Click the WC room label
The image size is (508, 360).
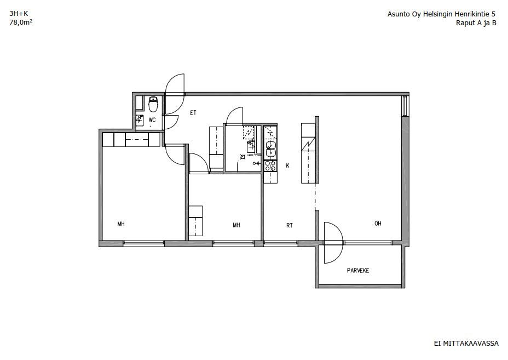(x=152, y=119)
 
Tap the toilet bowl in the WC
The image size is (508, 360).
(x=153, y=104)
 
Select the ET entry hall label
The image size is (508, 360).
(x=193, y=113)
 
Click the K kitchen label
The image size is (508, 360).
(x=287, y=165)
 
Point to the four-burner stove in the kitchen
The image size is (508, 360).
(x=270, y=166)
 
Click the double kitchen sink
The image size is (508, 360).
(x=270, y=149)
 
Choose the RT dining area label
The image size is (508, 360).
(x=290, y=225)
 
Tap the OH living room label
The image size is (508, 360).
(x=378, y=224)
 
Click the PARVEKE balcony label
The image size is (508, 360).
(x=358, y=271)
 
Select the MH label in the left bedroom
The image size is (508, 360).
(x=121, y=224)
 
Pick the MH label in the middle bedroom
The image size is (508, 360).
(x=236, y=225)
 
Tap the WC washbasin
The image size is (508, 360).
(x=140, y=121)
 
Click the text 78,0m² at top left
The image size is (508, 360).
(x=21, y=22)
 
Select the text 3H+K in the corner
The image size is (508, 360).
(x=19, y=14)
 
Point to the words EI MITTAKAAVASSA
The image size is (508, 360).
(x=466, y=344)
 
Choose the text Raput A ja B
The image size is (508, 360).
(x=476, y=22)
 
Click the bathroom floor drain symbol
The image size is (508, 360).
(x=243, y=157)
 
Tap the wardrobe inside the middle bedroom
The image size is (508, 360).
(x=195, y=221)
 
